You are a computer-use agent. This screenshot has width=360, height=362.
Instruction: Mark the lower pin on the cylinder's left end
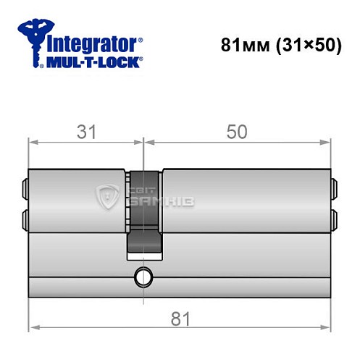pos(26,218)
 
